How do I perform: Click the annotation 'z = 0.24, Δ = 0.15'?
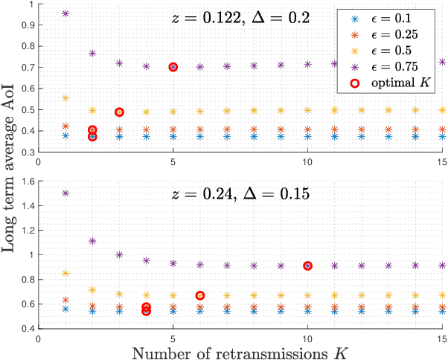click(x=245, y=196)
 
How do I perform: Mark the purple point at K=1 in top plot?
click(x=65, y=13)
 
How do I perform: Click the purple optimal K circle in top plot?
click(x=173, y=67)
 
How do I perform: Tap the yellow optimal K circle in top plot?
click(x=119, y=112)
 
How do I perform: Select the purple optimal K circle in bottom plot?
click(x=307, y=266)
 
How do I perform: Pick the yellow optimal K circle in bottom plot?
click(x=199, y=295)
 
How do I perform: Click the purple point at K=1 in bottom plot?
click(x=65, y=193)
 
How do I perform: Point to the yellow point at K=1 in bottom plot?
click(x=65, y=273)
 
